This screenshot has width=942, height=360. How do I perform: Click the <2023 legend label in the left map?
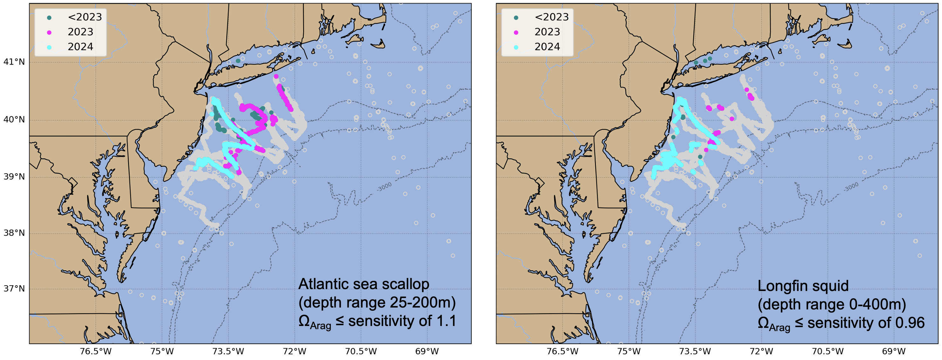(x=85, y=17)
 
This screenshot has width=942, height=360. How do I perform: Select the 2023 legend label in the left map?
(x=80, y=32)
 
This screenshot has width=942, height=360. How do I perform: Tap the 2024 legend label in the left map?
(x=80, y=47)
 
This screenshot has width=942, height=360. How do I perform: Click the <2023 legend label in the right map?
(x=551, y=17)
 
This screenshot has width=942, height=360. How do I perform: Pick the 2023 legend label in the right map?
(x=547, y=32)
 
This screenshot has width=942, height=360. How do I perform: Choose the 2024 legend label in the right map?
(x=547, y=47)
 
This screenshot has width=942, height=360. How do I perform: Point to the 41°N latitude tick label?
(x=14, y=62)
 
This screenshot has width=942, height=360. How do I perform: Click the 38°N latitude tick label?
(x=14, y=233)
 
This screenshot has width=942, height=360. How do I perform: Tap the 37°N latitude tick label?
(x=14, y=289)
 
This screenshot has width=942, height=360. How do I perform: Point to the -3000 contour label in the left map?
(x=384, y=187)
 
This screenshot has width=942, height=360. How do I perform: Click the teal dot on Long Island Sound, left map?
(x=238, y=61)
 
